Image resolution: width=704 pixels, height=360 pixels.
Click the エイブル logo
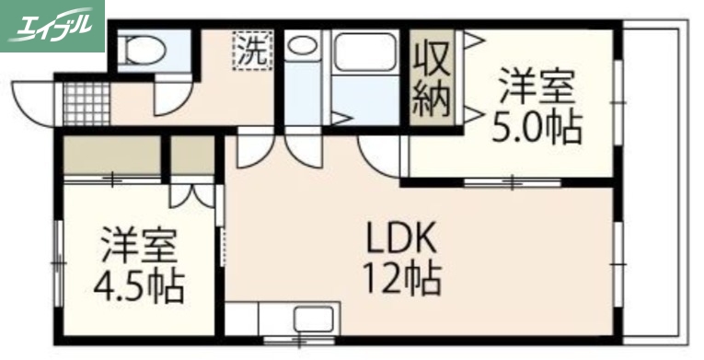coord(52,26)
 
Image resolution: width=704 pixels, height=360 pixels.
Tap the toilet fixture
coord(144,48)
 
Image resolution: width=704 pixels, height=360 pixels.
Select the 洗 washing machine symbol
coord(252,50)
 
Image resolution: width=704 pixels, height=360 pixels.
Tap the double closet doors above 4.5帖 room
coord(193,196)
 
